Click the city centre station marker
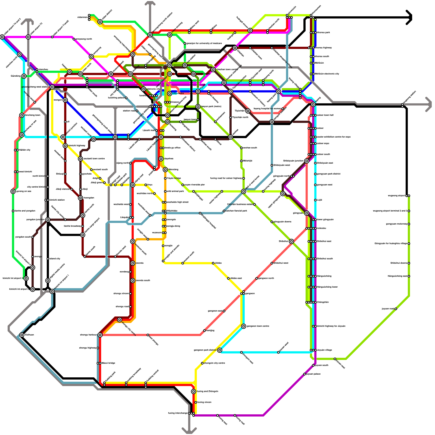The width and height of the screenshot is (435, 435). (170, 94)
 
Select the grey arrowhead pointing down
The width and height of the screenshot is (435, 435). (189, 430)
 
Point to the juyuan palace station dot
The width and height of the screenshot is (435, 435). (304, 374)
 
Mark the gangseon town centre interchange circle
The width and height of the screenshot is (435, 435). (244, 326)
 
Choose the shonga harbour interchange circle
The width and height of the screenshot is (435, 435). (100, 335)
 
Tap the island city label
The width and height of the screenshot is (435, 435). (55, 259)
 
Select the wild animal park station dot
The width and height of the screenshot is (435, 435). (165, 191)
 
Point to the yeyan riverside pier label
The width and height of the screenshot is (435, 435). (195, 185)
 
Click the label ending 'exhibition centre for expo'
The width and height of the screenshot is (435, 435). (334, 137)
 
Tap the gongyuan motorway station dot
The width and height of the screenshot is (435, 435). (409, 224)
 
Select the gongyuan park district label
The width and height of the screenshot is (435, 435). (328, 174)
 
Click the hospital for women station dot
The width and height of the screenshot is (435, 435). (283, 109)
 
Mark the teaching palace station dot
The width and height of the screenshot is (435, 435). (126, 98)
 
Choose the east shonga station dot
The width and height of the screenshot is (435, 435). (148, 335)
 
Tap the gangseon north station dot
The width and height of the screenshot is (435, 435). (257, 278)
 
